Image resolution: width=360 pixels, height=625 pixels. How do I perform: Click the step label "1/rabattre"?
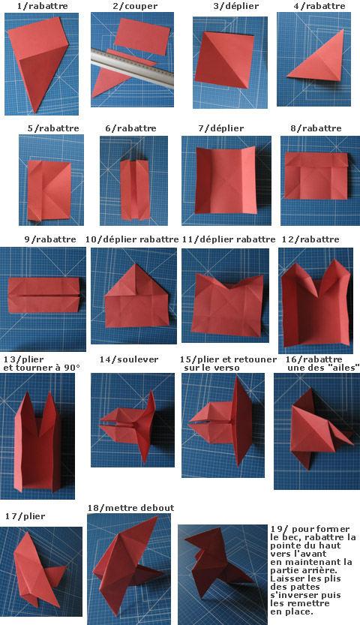(x=42, y=6)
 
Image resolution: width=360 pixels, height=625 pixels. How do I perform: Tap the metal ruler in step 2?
(x=132, y=68)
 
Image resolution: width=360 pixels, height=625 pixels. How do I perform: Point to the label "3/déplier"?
(x=236, y=6)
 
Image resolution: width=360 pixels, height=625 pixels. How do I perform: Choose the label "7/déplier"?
(x=221, y=128)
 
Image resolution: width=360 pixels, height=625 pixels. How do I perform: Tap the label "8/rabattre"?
(x=316, y=128)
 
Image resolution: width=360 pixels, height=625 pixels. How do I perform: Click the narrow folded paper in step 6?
(x=135, y=190)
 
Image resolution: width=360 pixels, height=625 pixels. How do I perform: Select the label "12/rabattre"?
(x=310, y=239)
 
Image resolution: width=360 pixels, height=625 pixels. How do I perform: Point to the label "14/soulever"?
(x=129, y=359)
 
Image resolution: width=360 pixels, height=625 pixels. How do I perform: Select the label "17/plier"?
(x=25, y=516)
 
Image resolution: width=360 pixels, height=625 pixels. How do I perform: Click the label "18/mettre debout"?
(x=131, y=508)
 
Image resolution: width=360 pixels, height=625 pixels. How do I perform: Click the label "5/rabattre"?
(x=53, y=128)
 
